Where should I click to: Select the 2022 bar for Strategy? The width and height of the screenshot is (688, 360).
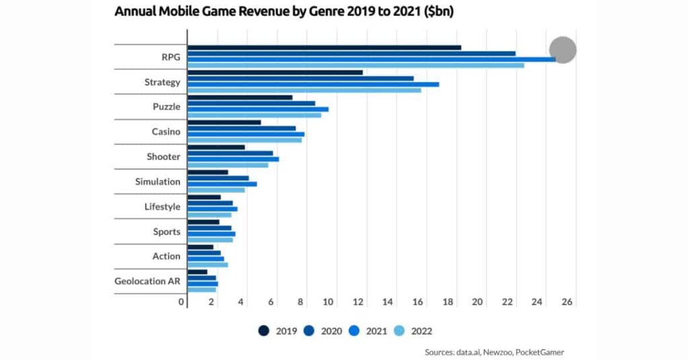pyautogui.click(x=304, y=90)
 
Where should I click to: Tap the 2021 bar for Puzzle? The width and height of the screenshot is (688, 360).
pyautogui.click(x=258, y=109)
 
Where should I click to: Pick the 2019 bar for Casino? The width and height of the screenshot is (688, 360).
pyautogui.click(x=224, y=122)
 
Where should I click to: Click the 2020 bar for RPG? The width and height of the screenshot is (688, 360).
pyautogui.click(x=351, y=53)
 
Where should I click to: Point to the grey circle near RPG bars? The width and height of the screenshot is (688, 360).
pyautogui.click(x=563, y=50)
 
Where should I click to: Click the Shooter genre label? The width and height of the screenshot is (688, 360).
pyautogui.click(x=164, y=156)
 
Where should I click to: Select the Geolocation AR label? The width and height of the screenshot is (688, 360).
pyautogui.click(x=147, y=281)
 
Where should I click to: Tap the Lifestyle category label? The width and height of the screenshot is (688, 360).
pyautogui.click(x=163, y=206)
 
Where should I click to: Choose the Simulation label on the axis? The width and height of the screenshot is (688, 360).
pyautogui.click(x=158, y=181)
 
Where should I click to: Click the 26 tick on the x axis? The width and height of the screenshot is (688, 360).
pyautogui.click(x=567, y=302)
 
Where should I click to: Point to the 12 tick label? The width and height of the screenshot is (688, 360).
pyautogui.click(x=359, y=302)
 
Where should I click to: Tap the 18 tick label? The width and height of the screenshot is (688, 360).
pyautogui.click(x=448, y=302)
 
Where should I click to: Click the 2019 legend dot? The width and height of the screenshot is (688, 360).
pyautogui.click(x=264, y=330)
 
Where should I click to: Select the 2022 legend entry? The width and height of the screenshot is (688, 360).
pyautogui.click(x=416, y=330)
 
